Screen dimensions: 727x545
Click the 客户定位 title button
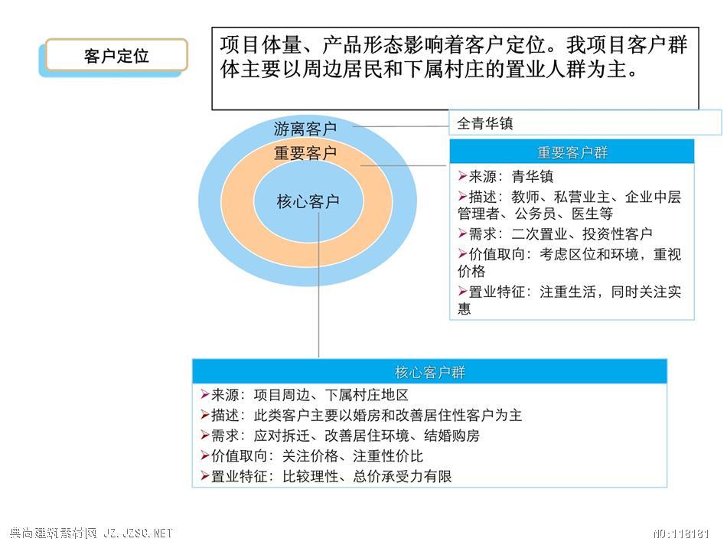tap(116, 56)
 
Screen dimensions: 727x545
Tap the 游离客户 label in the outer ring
tap(305, 129)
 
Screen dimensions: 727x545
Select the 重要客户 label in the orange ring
tap(305, 152)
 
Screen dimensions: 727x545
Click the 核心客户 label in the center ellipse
tap(308, 201)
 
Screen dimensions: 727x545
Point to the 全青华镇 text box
tap(585, 123)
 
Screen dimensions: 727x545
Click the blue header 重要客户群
tap(572, 152)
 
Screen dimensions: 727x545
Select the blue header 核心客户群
tap(429, 371)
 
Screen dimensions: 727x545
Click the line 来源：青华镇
tap(506, 176)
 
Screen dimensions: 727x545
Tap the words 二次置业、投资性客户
tap(582, 233)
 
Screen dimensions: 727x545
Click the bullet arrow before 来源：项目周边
tap(205, 395)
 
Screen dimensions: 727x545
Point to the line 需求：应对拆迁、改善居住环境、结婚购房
tap(341, 435)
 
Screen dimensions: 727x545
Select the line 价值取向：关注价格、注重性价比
tap(312, 455)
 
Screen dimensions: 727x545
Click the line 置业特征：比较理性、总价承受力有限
tap(327, 476)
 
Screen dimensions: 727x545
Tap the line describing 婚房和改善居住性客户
tap(362, 415)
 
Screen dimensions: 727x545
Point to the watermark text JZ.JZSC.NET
tap(138, 533)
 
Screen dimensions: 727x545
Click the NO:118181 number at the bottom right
tap(682, 534)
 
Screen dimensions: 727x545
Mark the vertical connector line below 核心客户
tap(319, 285)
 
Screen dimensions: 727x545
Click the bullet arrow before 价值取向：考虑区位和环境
tap(462, 253)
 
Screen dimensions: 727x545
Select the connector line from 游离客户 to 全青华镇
tap(400, 126)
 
